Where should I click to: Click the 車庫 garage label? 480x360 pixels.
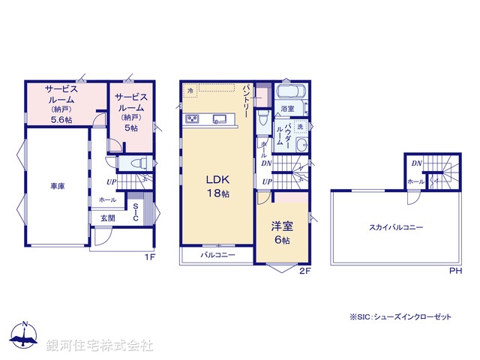(x=58, y=185)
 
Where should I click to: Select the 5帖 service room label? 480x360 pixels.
(x=130, y=112)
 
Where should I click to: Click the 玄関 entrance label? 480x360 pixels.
(x=108, y=218)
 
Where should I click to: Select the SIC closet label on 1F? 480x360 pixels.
(x=136, y=212)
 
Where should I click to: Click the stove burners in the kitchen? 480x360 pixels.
(x=192, y=118)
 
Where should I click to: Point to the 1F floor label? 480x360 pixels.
(x=149, y=257)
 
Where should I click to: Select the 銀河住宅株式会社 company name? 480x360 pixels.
(x=100, y=345)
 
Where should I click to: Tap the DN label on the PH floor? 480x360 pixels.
(x=416, y=162)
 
